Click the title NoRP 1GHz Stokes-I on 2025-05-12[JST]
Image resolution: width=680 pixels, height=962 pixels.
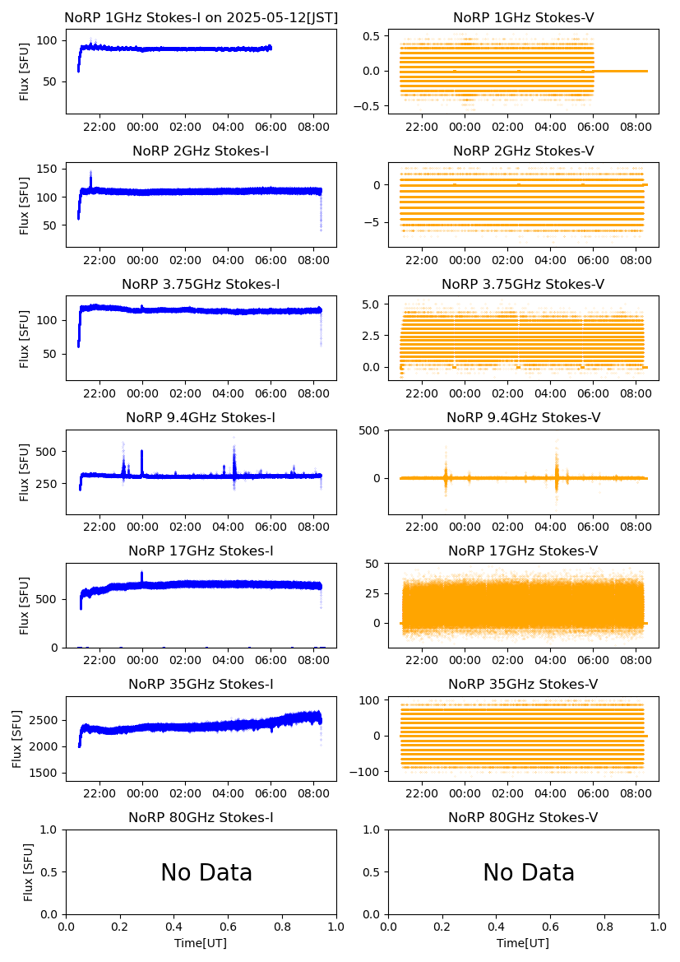point(201,17)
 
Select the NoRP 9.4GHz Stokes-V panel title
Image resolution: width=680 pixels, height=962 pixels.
point(523,418)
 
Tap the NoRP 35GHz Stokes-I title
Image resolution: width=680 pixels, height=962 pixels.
point(201,685)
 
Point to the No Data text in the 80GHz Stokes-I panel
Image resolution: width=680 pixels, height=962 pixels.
point(206,873)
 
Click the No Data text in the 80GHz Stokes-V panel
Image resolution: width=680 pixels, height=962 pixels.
point(529,873)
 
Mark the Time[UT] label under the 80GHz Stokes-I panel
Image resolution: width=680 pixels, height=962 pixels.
point(201,943)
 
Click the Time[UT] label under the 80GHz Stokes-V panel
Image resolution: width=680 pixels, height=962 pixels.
point(523,943)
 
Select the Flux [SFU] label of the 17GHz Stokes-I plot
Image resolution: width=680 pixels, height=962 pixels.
point(25,605)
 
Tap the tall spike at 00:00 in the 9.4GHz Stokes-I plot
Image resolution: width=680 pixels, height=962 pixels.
point(141,453)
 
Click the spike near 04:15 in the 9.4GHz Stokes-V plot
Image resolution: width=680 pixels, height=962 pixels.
point(557,461)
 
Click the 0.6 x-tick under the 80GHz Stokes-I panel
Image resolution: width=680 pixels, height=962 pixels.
point(228,927)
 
